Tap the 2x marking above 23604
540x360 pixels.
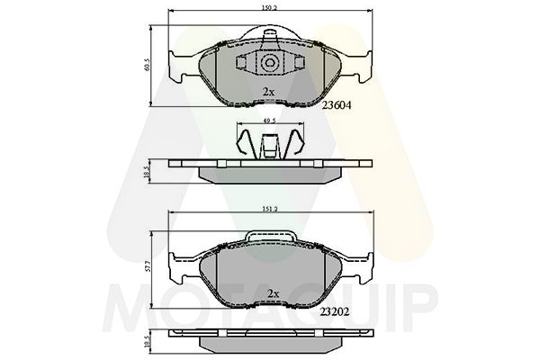[267, 93]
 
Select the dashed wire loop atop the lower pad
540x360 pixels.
[269, 236]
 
